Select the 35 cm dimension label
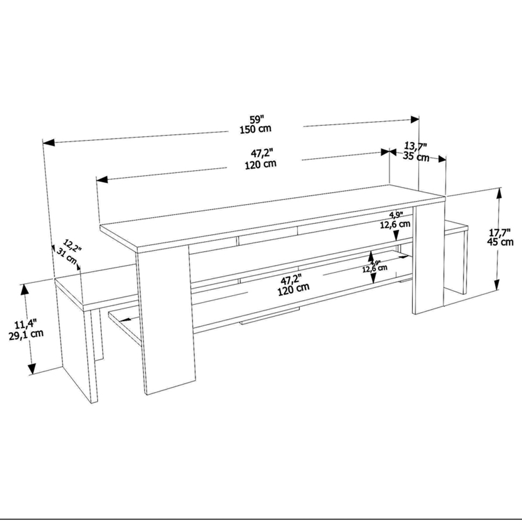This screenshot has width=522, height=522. point(416,157)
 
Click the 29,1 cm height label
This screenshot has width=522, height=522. point(26,335)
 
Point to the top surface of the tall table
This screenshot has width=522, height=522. point(271,214)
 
